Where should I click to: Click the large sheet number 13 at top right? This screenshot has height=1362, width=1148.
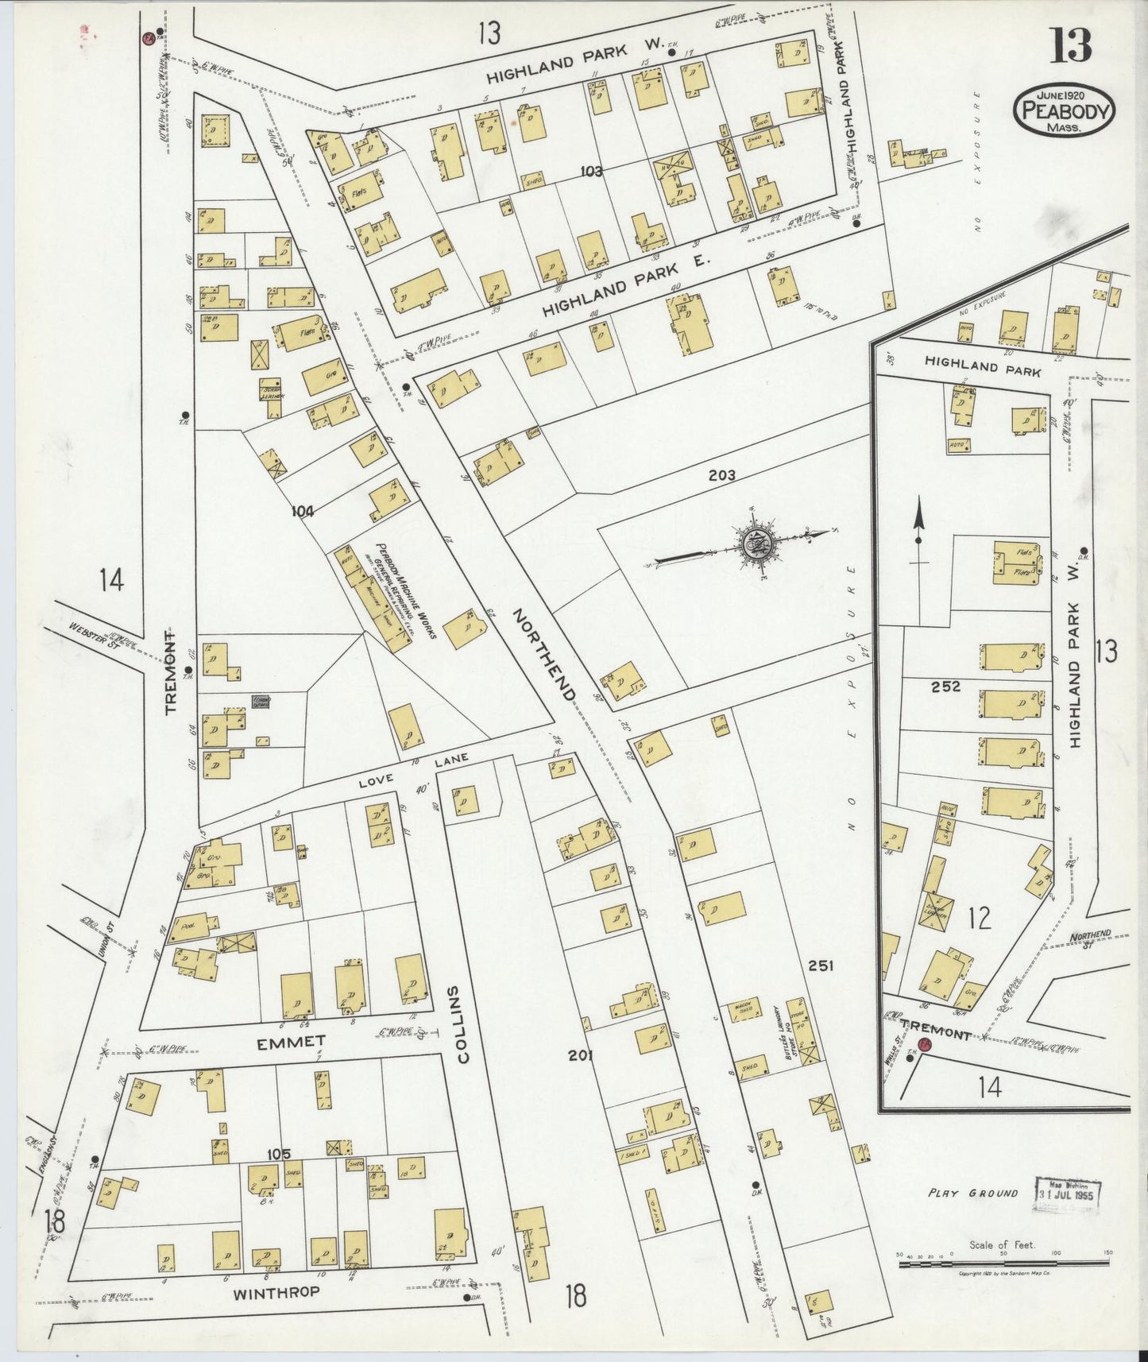click(x=1071, y=45)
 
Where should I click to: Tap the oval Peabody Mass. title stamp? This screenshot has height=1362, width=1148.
click(x=1064, y=111)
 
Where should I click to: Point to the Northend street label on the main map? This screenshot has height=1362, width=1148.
click(x=543, y=655)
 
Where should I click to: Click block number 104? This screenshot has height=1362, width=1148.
click(x=302, y=512)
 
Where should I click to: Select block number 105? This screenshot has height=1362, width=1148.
click(x=279, y=1154)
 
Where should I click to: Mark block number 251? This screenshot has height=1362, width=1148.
click(x=820, y=965)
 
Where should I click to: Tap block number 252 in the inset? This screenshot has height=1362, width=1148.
click(x=947, y=687)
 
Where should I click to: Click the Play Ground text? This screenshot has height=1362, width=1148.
click(x=972, y=1193)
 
